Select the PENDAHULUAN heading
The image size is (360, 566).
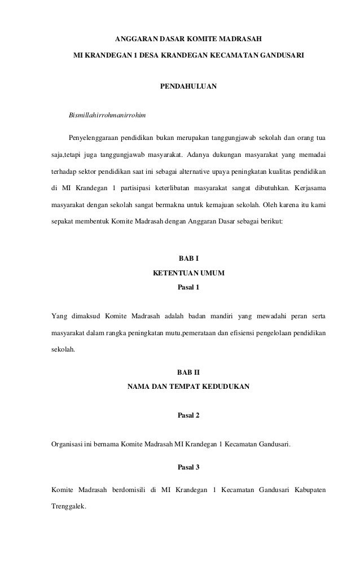pyautogui.click(x=188, y=87)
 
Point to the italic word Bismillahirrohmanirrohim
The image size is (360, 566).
pyautogui.click(x=107, y=116)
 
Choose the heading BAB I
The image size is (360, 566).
pyautogui.click(x=188, y=258)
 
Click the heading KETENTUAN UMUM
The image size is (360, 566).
pyautogui.click(x=188, y=273)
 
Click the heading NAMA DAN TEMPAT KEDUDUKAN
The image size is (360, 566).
pyautogui.click(x=188, y=387)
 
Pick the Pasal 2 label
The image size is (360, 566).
pyautogui.click(x=188, y=416)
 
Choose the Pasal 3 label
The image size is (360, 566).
pyautogui.click(x=188, y=467)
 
